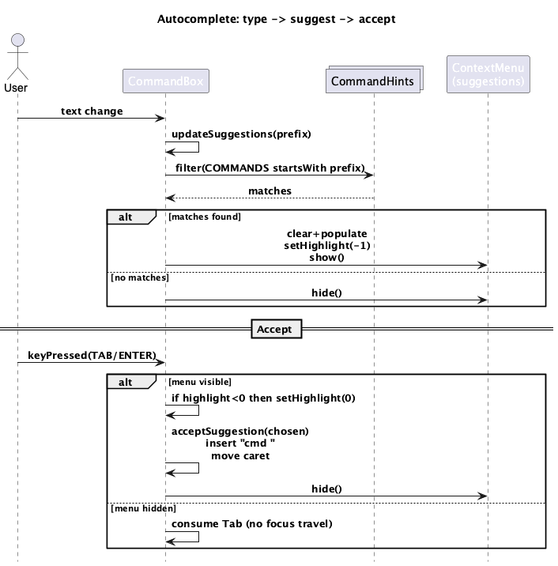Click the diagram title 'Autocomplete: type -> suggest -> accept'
point(277,18)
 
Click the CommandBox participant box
point(166,81)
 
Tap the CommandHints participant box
point(372,81)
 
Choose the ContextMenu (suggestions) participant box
point(488,74)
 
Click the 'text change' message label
point(92,111)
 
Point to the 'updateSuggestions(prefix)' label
point(241,134)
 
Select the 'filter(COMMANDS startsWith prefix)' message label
point(268,168)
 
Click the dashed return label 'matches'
point(270,191)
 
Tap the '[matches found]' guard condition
point(204,216)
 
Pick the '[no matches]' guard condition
point(140,277)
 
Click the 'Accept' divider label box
point(275,329)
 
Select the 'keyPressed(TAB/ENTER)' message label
point(92,356)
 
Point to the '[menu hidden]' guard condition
point(143,508)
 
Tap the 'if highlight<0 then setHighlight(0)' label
point(263,398)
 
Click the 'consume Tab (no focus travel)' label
point(251,524)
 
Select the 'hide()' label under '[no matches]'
point(326,292)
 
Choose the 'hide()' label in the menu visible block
point(326,489)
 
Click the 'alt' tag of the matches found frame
point(126,216)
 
